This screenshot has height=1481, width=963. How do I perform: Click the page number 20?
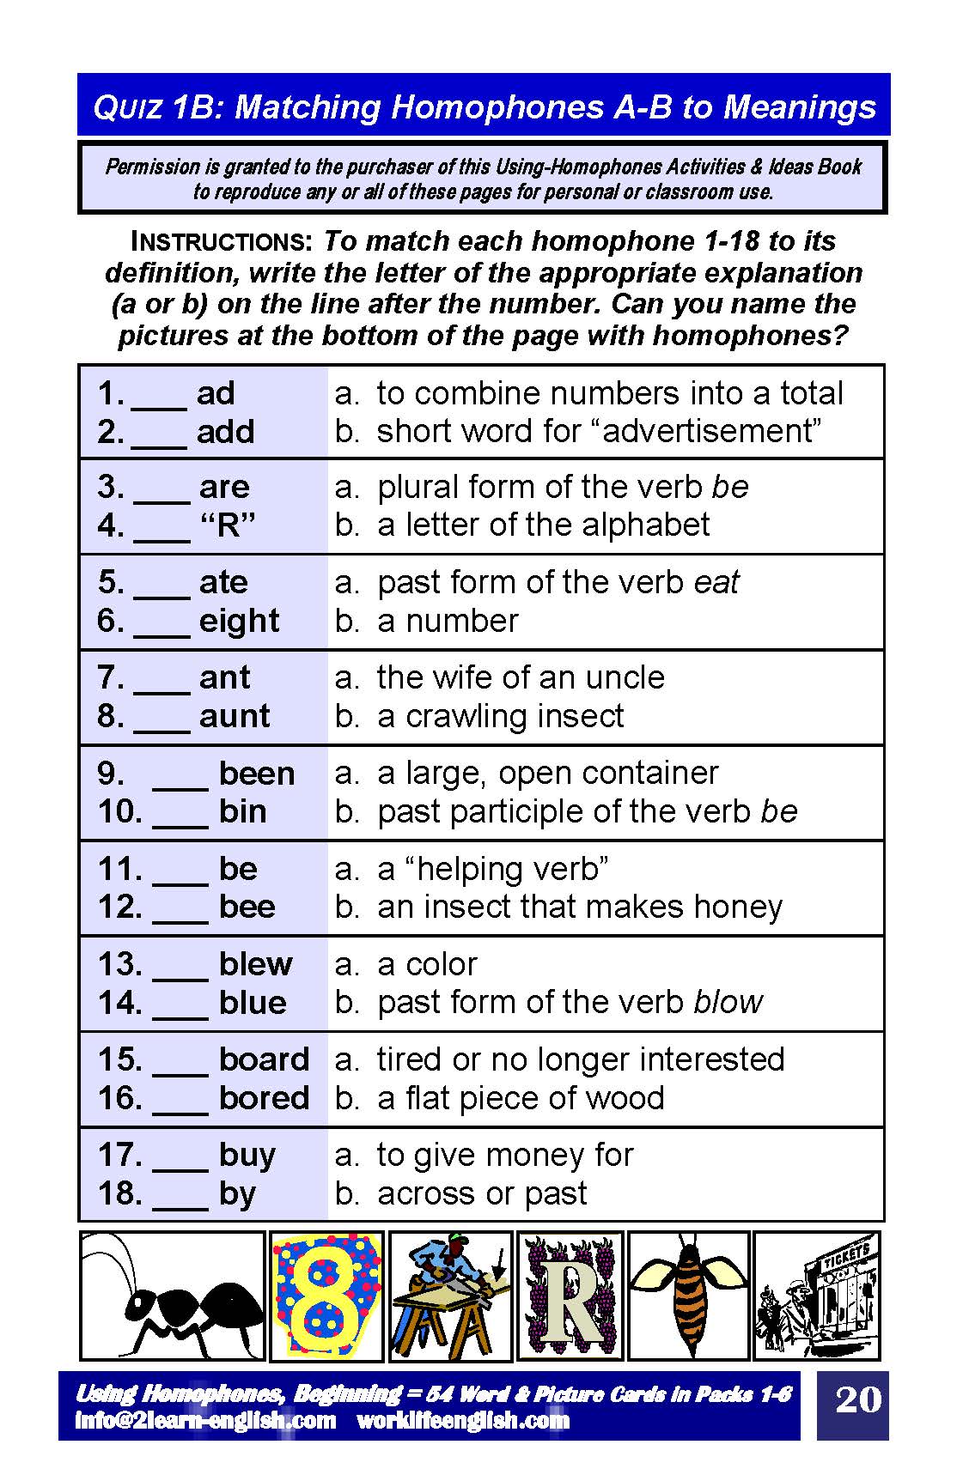(x=857, y=1399)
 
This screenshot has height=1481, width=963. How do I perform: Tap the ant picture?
(x=173, y=1296)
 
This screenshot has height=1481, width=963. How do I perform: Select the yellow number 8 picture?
(x=326, y=1296)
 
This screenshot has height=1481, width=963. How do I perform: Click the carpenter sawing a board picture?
(x=450, y=1296)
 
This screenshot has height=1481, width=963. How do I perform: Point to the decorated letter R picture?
(x=570, y=1296)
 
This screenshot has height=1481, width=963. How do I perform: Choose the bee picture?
(x=688, y=1296)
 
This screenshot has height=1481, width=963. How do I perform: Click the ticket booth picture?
(x=816, y=1296)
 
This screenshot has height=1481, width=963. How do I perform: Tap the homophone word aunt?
(x=234, y=716)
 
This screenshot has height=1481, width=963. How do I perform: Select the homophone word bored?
(x=264, y=1098)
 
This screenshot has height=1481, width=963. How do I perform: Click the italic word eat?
(x=716, y=582)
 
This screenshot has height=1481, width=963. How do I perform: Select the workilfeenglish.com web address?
(x=463, y=1420)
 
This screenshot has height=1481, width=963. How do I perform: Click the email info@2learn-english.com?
(x=205, y=1420)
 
